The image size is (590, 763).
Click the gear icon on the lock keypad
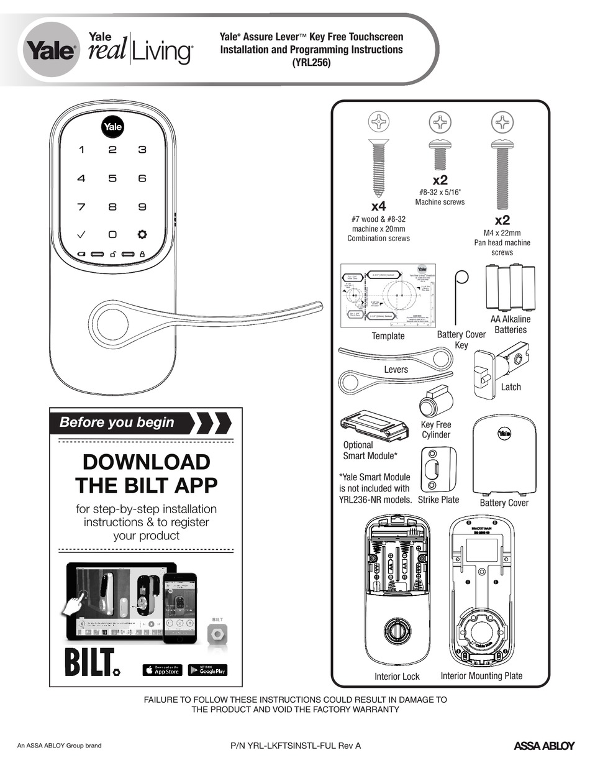(142, 235)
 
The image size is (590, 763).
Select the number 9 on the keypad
(142, 207)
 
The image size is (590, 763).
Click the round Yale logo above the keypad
(112, 127)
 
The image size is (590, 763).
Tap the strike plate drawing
(439, 470)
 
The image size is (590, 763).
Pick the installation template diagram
(387, 296)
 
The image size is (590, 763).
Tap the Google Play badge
(207, 670)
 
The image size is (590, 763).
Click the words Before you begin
(117, 423)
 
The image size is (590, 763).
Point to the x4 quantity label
(379, 206)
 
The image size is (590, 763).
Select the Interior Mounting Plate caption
(481, 675)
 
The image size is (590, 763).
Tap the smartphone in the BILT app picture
(179, 609)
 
